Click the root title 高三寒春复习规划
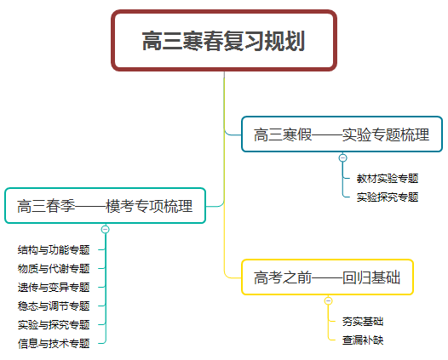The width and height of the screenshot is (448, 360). click(x=224, y=41)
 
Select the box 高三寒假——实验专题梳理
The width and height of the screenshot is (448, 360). click(x=342, y=134)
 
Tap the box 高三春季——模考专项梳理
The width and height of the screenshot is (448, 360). click(x=105, y=206)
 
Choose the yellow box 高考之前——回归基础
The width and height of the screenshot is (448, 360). click(x=327, y=277)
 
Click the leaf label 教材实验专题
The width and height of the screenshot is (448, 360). click(x=388, y=179)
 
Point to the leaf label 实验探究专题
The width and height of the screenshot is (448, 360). click(x=388, y=197)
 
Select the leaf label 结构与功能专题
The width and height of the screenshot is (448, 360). click(x=54, y=250)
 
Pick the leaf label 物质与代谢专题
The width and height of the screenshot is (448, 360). click(x=54, y=268)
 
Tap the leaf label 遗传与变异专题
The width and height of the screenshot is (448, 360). click(x=54, y=287)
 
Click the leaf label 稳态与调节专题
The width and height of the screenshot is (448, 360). click(x=54, y=306)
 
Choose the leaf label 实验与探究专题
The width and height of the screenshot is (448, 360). click(x=54, y=324)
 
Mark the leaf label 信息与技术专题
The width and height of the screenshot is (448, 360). click(x=54, y=344)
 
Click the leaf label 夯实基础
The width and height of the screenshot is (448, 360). click(x=363, y=322)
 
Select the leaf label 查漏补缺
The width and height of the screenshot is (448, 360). click(x=363, y=340)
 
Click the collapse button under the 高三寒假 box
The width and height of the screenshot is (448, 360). click(x=343, y=157)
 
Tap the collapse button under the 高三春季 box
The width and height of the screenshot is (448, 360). click(x=106, y=229)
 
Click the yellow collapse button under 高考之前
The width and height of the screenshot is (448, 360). click(x=328, y=300)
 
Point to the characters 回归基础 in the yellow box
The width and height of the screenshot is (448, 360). click(x=371, y=277)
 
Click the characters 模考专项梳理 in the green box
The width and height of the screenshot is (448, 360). click(x=149, y=206)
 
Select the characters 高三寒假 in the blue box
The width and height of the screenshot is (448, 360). click(x=283, y=134)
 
